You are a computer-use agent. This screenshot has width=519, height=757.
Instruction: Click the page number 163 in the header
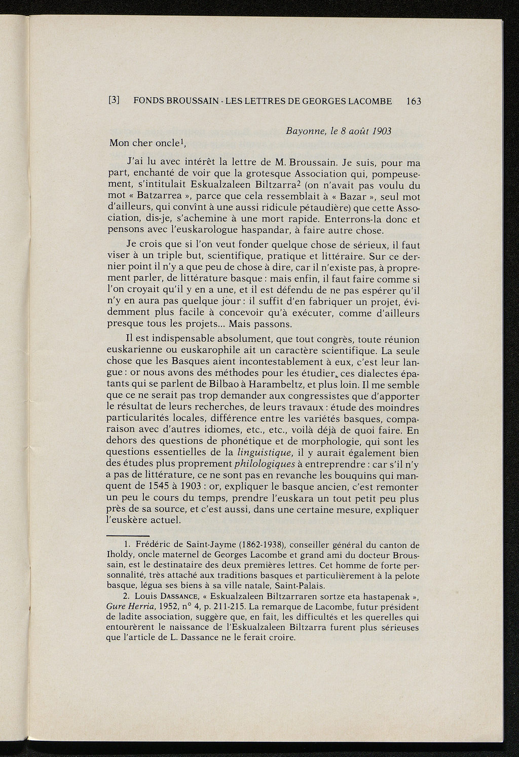click(414, 101)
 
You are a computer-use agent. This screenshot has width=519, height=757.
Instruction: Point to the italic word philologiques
click(264, 464)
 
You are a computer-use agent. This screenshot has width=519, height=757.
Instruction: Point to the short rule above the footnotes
click(128, 535)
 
